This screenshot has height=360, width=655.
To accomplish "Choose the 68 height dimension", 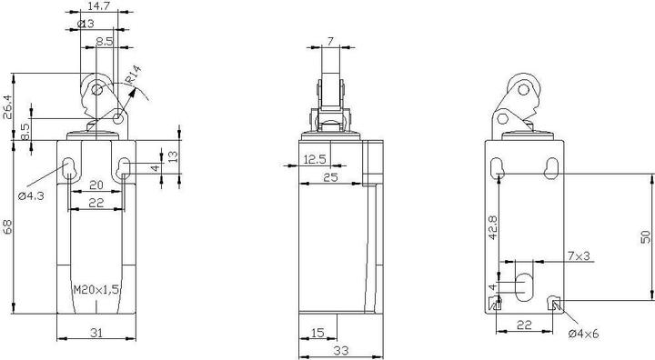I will [8, 226].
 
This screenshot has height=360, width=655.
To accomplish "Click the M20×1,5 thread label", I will [95, 290].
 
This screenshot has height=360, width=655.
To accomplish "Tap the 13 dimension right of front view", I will [174, 157].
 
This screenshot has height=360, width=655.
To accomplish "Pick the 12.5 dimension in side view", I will [315, 159].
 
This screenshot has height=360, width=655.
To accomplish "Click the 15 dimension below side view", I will [317, 332].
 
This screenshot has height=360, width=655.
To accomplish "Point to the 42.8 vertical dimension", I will [492, 227].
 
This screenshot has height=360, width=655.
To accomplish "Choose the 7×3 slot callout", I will [579, 257].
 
